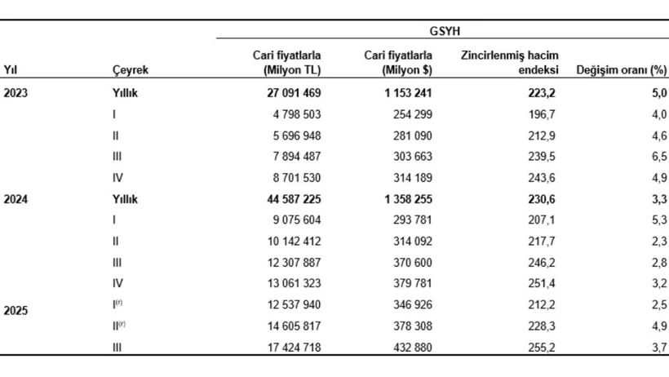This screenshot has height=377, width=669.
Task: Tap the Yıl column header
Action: coord(11,70)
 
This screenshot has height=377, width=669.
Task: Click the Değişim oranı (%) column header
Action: coord(622,70)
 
